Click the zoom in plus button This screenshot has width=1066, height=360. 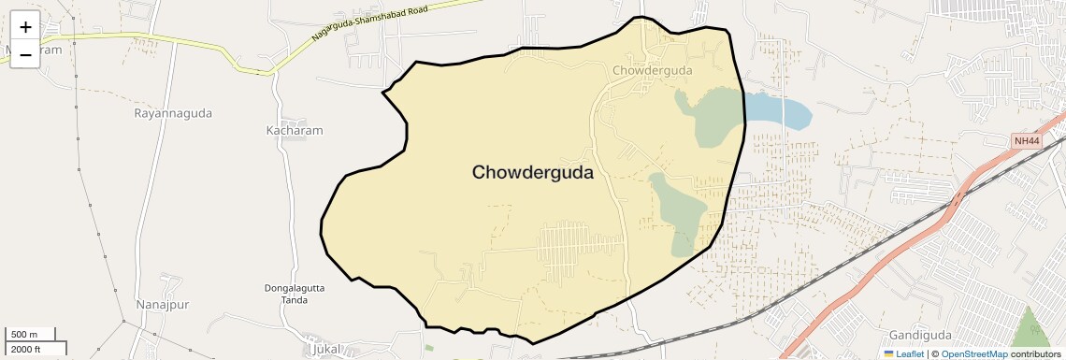[25, 27]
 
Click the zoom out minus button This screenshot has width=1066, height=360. [25, 54]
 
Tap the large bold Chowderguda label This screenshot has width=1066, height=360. [532, 173]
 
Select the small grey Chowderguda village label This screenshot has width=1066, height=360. [652, 70]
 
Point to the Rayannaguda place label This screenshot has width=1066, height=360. [173, 113]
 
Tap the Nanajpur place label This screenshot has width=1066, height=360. [163, 305]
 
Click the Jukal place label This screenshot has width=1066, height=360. [323, 350]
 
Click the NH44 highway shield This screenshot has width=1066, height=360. [1026, 141]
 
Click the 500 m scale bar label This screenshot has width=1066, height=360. [24, 335]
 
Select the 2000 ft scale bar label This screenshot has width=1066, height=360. [25, 349]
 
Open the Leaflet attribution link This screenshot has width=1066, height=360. [903, 354]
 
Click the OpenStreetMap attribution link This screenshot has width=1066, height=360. [973, 354]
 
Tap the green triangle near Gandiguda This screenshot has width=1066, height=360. [1029, 329]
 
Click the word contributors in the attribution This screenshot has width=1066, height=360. [1036, 354]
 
